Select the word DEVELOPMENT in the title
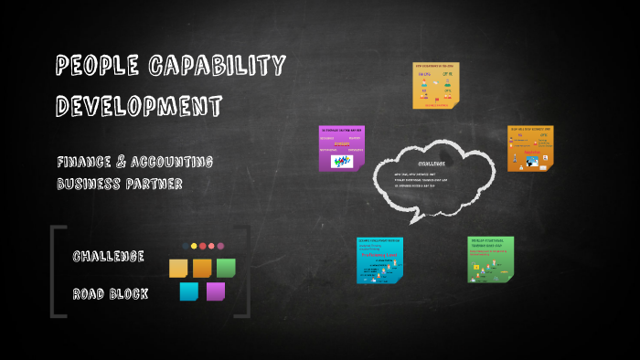(x=139, y=105)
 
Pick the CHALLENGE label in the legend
(x=108, y=257)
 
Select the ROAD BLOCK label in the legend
(x=110, y=293)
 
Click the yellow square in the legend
(x=178, y=268)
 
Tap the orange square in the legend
(x=202, y=268)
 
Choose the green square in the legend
(x=226, y=268)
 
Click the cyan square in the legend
(x=189, y=291)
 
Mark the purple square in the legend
(x=216, y=291)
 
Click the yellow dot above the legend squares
(x=194, y=246)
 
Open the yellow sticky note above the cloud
(x=435, y=86)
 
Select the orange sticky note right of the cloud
(x=531, y=149)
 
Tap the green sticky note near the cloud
(x=491, y=259)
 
